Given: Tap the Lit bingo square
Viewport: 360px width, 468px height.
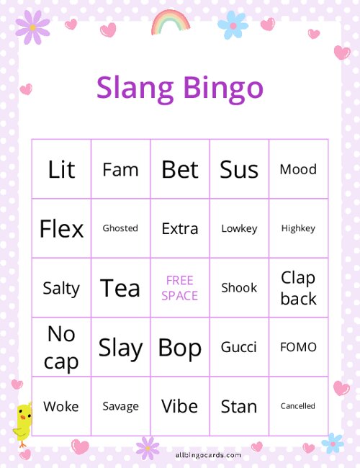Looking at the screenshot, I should [x=61, y=169].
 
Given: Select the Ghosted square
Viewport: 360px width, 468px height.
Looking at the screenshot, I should [x=120, y=228].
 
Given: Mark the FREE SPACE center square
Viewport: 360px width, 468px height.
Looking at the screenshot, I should [x=180, y=288].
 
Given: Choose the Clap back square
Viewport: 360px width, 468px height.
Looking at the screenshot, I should [x=298, y=288].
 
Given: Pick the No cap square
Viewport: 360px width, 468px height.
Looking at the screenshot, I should [x=61, y=347].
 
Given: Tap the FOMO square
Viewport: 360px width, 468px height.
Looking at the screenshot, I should [x=298, y=347].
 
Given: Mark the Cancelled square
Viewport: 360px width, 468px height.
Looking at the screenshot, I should [x=298, y=406].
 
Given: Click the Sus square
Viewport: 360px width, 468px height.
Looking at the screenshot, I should [x=239, y=169].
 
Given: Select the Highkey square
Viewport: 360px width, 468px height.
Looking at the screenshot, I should [x=298, y=228].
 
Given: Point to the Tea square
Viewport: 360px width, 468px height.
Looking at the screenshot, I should [x=120, y=288].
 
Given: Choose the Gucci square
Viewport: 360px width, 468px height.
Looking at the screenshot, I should [x=239, y=347].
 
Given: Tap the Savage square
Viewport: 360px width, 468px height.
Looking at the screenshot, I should [x=120, y=406].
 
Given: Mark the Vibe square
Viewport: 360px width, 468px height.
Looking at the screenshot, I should [x=180, y=406].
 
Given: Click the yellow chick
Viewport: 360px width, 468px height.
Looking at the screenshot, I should [x=23, y=422].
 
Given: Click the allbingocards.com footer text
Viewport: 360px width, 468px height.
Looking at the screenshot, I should [x=208, y=455].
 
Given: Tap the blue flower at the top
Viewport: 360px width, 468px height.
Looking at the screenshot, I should [x=233, y=25].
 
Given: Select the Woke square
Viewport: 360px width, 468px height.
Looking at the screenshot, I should [x=61, y=406].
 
